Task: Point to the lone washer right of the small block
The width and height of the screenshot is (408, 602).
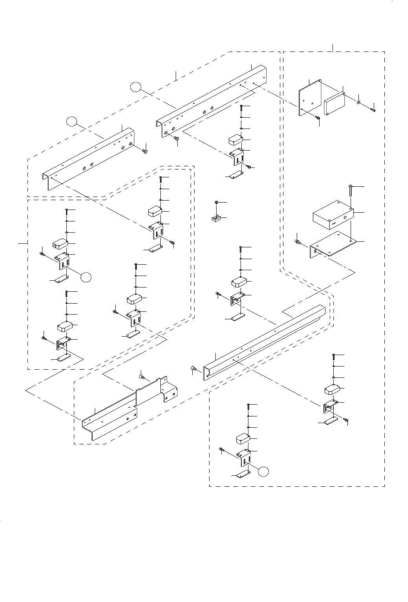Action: coord(359,103)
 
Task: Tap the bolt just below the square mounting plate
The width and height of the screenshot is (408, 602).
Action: coord(318,118)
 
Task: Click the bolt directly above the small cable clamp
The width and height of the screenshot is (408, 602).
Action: coord(217,203)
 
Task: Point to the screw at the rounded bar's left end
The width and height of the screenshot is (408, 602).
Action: coord(194,368)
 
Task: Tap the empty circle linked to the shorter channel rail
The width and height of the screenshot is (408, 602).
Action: coord(72,122)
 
